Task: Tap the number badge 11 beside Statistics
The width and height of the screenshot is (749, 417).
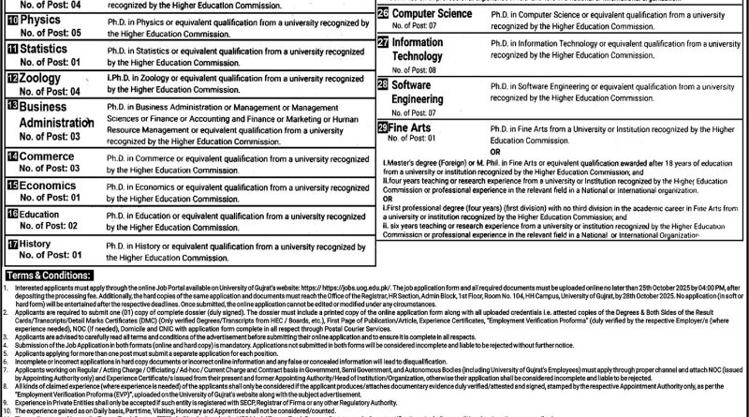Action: coord(12,48)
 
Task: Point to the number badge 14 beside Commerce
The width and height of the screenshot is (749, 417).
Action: coord(12,155)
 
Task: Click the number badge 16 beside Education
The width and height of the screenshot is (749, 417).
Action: coord(12,215)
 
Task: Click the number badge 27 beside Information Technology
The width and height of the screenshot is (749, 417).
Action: coord(384,43)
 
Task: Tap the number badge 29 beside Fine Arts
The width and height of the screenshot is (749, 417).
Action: coord(384,127)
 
